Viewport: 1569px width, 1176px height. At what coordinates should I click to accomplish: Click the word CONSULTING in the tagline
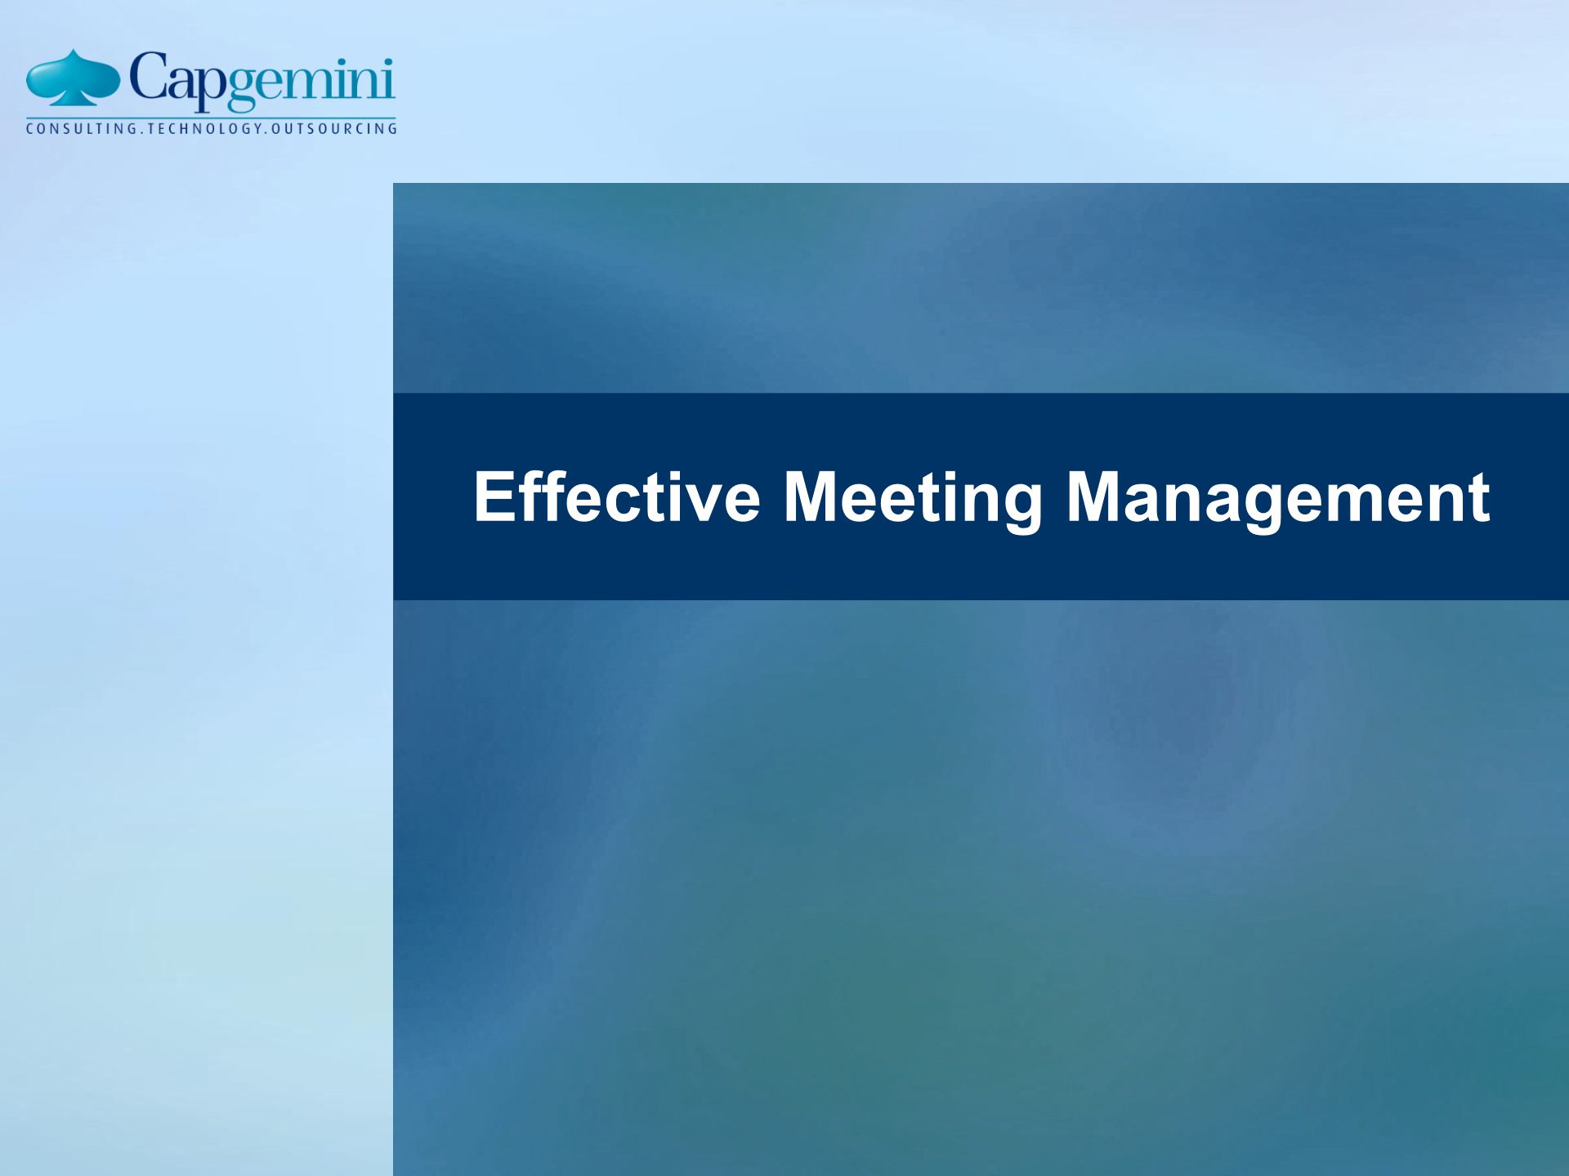[x=82, y=128]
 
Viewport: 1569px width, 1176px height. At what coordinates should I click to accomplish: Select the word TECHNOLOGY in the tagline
[x=206, y=128]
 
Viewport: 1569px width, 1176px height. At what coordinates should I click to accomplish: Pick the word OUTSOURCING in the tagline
[x=334, y=128]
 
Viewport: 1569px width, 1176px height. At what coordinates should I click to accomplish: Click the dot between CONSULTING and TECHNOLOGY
[x=141, y=131]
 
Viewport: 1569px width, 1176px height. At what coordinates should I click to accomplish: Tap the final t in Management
[x=1479, y=498]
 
